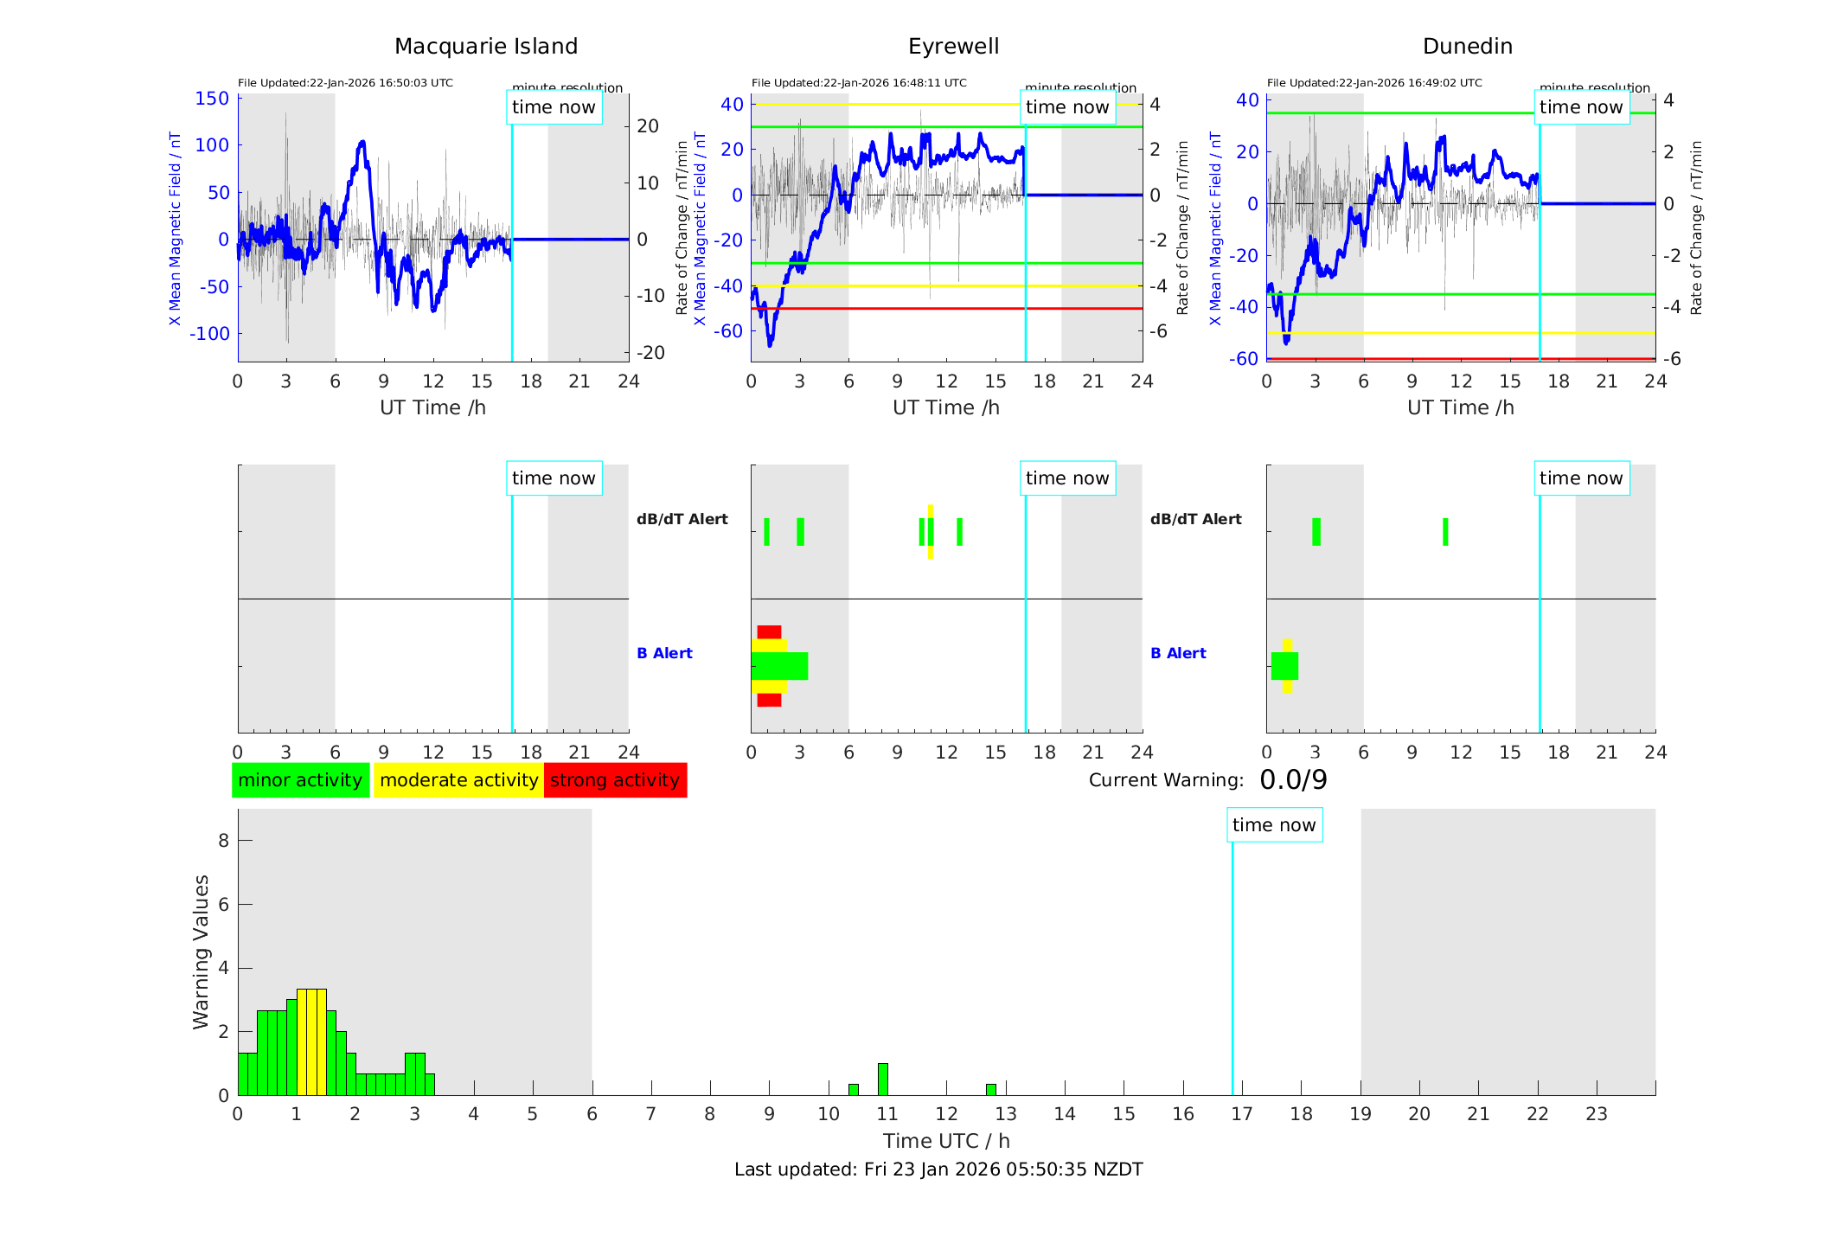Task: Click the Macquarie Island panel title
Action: coord(485,47)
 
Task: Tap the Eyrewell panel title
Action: coord(953,47)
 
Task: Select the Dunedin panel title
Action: coord(1467,47)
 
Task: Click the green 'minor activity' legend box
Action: coord(300,780)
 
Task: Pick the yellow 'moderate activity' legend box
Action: coord(458,780)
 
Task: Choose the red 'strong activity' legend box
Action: coord(615,780)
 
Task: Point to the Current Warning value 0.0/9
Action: coord(1293,780)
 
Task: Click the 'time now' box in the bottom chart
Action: coord(1273,825)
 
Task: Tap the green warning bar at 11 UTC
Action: coord(882,1080)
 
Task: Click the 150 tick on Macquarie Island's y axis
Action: coord(212,99)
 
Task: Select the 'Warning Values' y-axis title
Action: coord(202,951)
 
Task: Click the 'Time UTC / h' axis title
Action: coord(946,1141)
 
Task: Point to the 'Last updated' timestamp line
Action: coord(938,1169)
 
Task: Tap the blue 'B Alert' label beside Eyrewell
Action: coord(664,653)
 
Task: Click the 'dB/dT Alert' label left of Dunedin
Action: coord(1195,519)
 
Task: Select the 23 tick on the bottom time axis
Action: coord(1596,1114)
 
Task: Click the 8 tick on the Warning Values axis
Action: coord(223,840)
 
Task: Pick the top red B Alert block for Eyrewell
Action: coord(769,632)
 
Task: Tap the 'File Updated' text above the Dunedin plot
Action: coord(1374,83)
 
